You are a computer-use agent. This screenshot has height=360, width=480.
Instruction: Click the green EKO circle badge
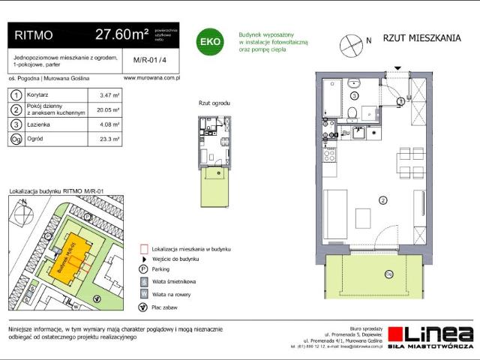coord(209,42)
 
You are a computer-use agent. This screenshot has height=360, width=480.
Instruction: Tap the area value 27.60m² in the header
coord(121,34)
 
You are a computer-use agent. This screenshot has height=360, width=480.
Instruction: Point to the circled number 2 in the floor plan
coord(382,199)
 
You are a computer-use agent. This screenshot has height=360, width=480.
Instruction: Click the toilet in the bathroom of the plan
coord(352,112)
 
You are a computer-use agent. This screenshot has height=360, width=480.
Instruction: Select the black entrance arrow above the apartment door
coord(401,89)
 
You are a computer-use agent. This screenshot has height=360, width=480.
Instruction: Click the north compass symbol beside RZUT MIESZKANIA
coord(351,43)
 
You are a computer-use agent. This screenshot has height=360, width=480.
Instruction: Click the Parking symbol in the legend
coord(143,269)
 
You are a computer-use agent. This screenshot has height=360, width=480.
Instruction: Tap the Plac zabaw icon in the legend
coord(143,307)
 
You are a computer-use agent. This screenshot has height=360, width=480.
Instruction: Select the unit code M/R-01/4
coord(145,61)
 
